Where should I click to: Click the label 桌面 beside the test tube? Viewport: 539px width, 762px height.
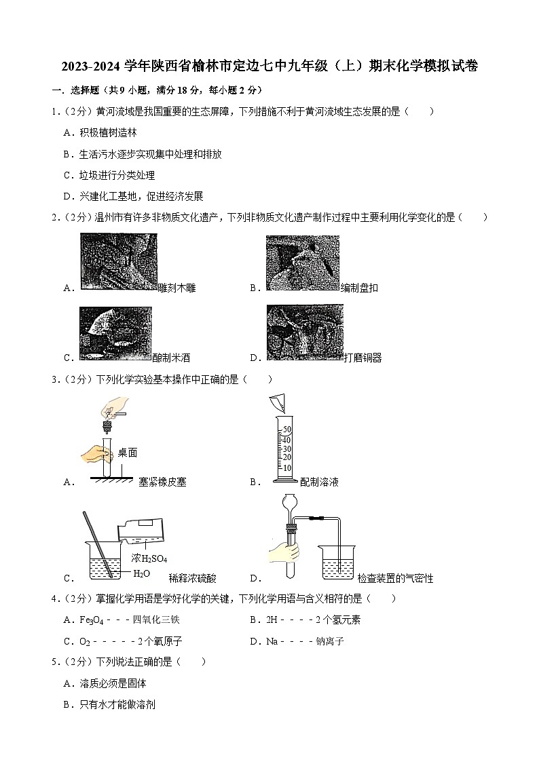(127, 453)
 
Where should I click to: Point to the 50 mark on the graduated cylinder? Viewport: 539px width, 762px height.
(286, 430)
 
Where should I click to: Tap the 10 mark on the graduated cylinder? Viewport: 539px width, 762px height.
(286, 468)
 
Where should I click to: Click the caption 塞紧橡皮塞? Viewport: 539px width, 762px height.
(162, 482)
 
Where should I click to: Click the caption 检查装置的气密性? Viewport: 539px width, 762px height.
(395, 578)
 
